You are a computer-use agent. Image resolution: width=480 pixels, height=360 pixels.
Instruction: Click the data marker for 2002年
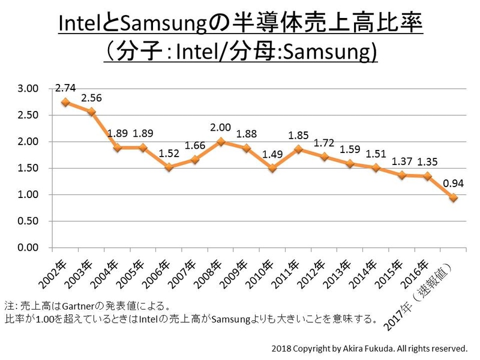point(66,102)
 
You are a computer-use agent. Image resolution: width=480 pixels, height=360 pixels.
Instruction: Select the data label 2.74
point(65,88)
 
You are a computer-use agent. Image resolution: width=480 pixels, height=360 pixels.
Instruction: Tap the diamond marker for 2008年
point(221,142)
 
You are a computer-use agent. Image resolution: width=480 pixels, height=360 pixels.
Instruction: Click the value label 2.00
point(221,127)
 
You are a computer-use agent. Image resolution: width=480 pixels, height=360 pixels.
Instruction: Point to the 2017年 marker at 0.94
point(454,197)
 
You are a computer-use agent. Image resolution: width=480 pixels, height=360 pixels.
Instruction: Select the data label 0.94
point(453,182)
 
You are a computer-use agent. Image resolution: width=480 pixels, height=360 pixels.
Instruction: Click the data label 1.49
point(273,154)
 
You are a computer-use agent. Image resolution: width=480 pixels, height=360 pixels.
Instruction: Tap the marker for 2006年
point(170,167)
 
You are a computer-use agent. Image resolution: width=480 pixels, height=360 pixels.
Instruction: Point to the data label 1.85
point(298,135)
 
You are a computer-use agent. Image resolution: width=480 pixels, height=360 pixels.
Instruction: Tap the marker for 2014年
point(376,167)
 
